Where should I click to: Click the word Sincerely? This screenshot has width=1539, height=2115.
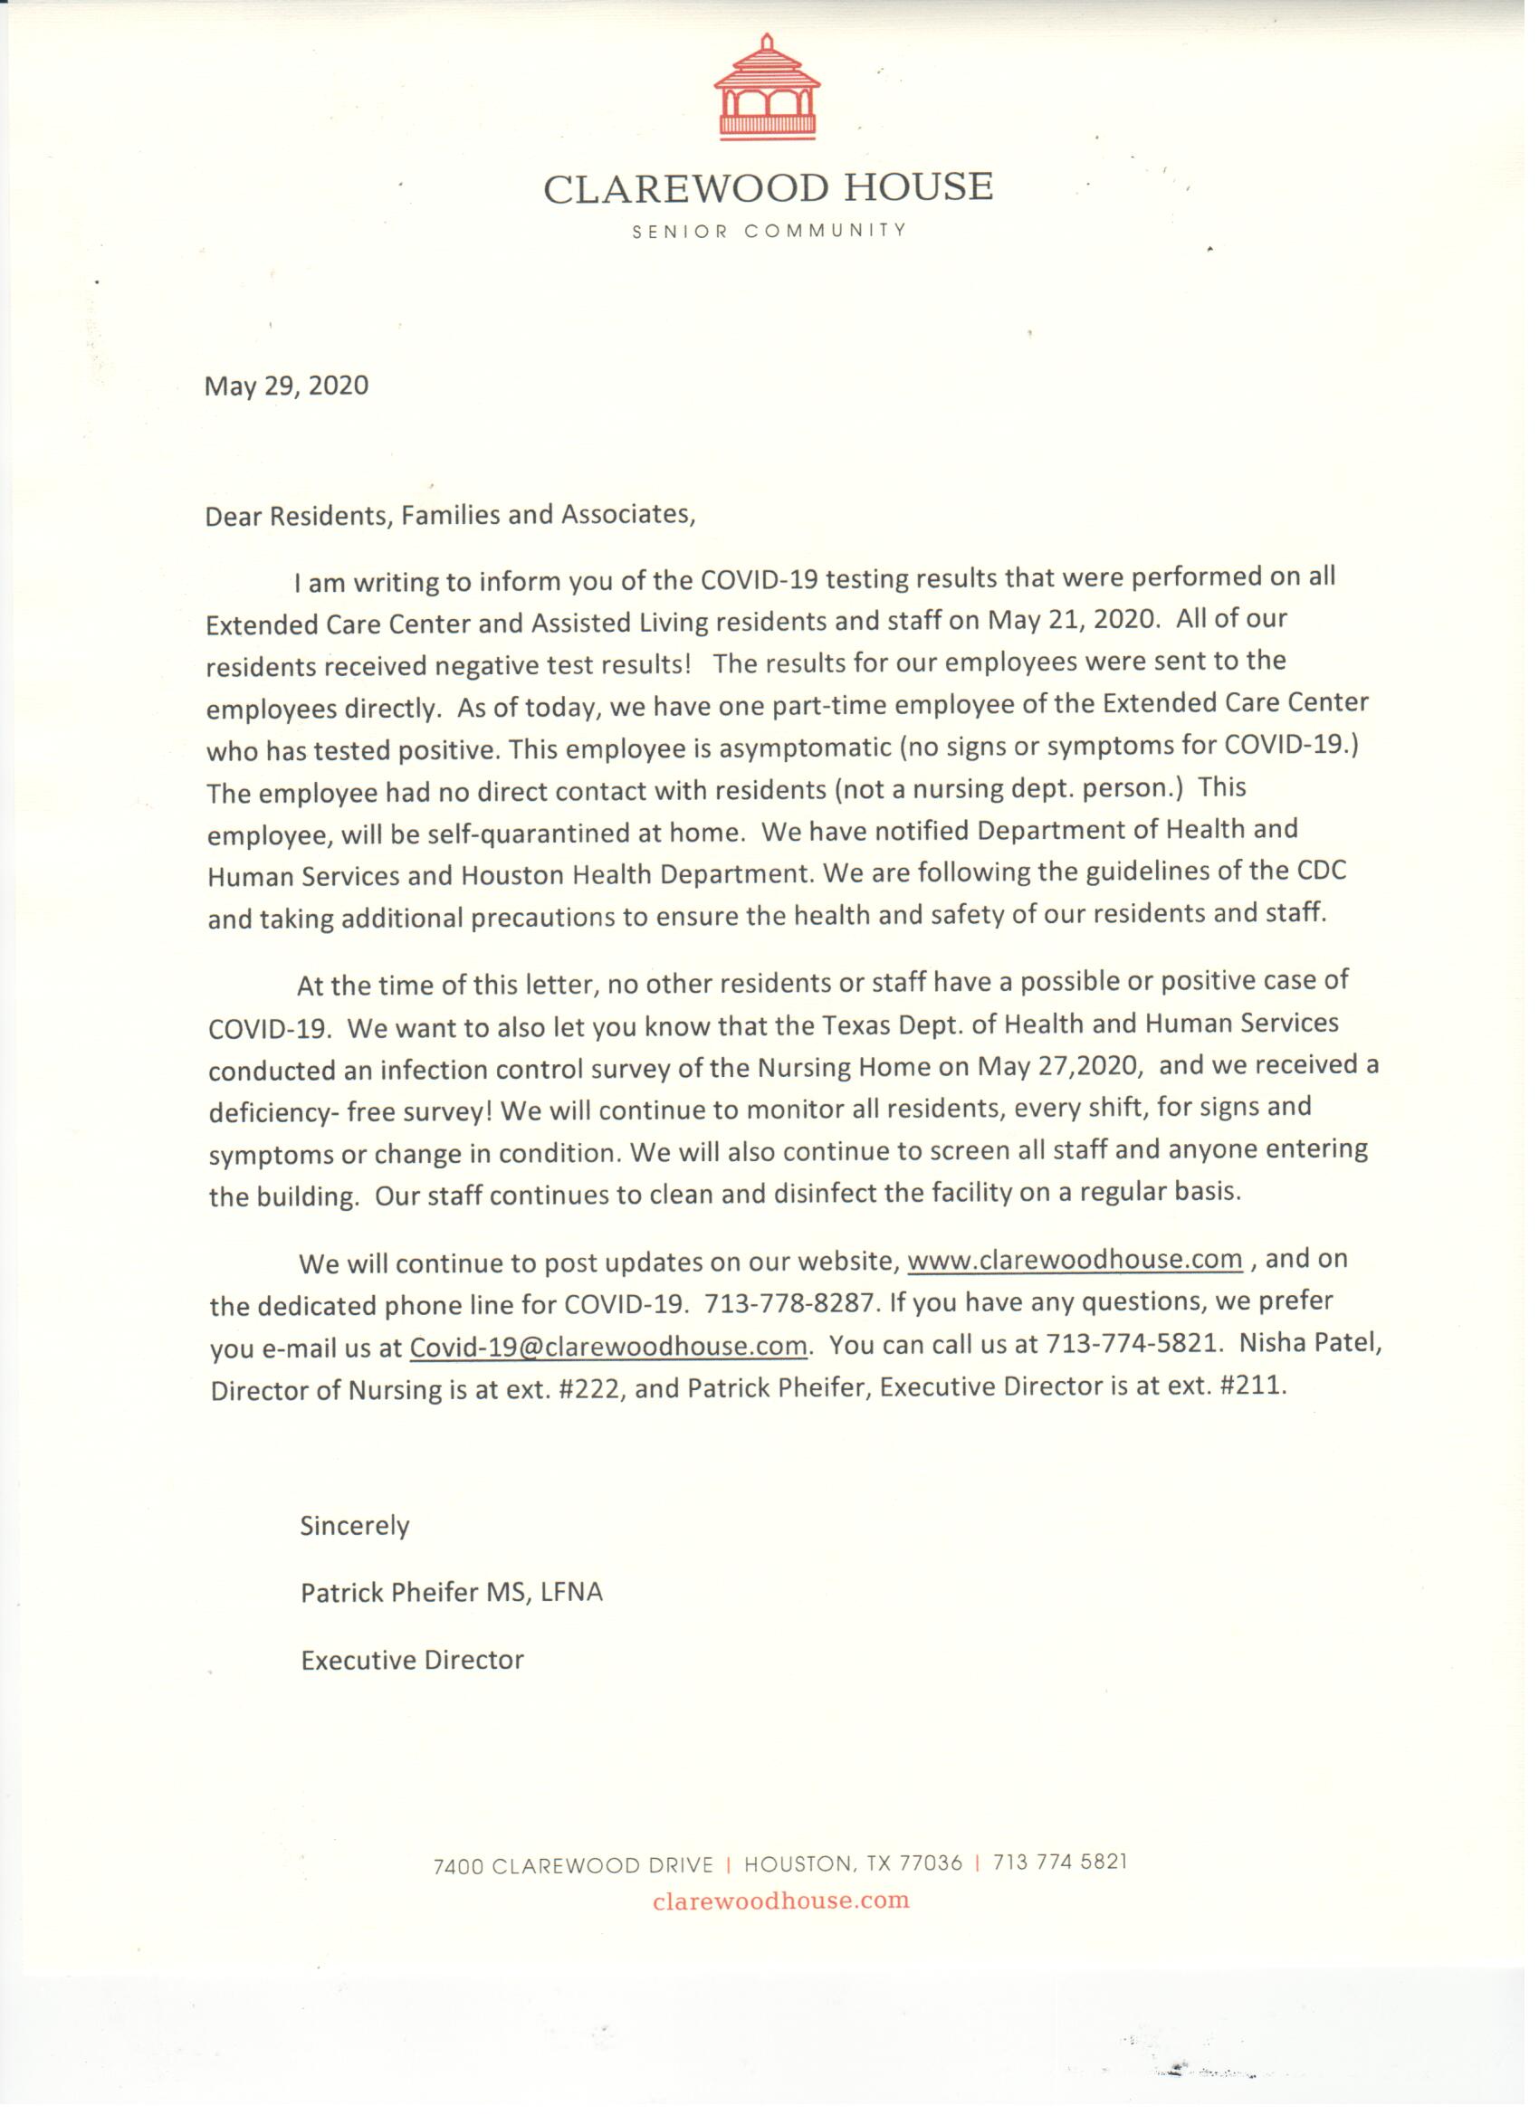(x=355, y=1527)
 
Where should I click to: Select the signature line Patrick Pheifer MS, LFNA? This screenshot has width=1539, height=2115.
(x=452, y=1593)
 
